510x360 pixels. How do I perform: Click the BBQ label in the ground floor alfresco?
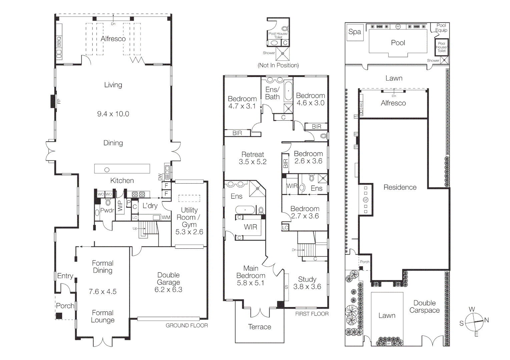[59, 42]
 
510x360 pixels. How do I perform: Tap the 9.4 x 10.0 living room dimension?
[113, 114]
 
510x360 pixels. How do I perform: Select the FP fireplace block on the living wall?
[53, 101]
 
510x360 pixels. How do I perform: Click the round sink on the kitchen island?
[107, 170]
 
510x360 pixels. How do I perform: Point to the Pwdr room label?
[107, 210]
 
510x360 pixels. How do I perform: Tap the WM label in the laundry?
[166, 217]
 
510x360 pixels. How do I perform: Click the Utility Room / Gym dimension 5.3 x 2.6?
[189, 232]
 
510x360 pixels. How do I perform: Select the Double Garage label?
[168, 279]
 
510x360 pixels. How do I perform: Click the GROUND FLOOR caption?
[186, 325]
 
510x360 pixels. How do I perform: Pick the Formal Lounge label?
[103, 316]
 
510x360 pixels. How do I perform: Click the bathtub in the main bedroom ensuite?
[245, 210]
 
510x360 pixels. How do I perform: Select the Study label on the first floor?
[307, 279]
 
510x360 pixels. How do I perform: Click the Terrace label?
[260, 327]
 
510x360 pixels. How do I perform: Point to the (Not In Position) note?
[278, 65]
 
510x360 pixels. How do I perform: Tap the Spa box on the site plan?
[355, 32]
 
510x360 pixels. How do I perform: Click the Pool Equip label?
[441, 28]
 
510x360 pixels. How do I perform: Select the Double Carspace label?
[424, 307]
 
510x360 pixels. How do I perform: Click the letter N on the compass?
[486, 320]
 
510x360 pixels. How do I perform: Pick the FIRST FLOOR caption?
[312, 314]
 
